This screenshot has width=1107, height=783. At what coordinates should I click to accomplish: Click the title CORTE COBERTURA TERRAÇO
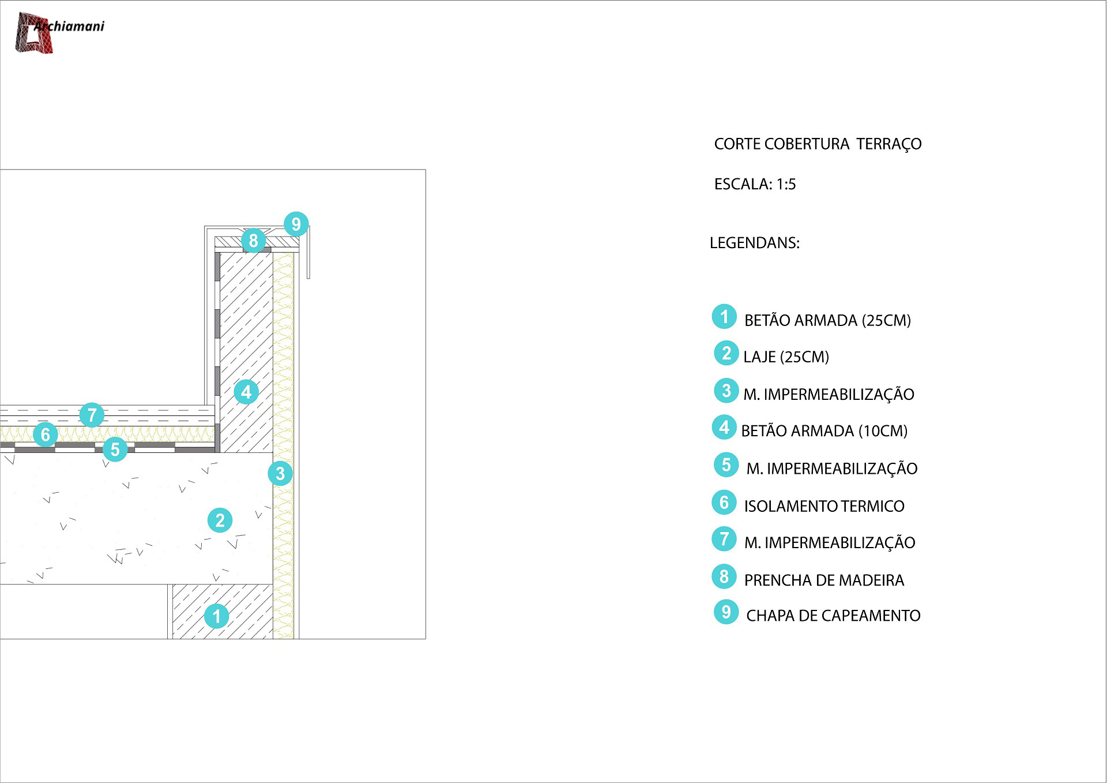click(818, 144)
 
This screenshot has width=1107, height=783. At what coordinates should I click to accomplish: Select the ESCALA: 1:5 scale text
click(755, 184)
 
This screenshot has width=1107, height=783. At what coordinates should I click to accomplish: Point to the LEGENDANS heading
click(754, 243)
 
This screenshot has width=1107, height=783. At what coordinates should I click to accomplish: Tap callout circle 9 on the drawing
click(296, 224)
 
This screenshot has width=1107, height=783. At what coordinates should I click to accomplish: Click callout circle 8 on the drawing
click(253, 240)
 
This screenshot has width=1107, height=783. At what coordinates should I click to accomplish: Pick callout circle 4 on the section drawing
click(246, 392)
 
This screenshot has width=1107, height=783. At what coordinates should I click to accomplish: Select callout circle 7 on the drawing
click(92, 415)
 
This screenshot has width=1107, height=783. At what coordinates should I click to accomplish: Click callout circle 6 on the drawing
click(46, 434)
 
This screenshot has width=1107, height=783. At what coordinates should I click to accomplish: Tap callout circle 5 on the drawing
click(115, 449)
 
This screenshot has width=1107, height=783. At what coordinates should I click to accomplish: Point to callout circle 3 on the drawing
click(280, 473)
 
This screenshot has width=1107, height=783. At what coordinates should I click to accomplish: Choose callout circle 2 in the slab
click(220, 520)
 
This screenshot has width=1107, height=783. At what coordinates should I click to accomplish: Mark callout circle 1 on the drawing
click(217, 616)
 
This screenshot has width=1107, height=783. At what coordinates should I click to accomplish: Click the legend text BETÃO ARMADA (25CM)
click(827, 321)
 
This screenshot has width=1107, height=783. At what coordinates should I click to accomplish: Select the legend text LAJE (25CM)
click(786, 357)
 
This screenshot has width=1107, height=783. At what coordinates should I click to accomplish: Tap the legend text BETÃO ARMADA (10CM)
click(824, 431)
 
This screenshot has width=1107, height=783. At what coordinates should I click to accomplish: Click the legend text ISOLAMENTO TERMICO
click(824, 506)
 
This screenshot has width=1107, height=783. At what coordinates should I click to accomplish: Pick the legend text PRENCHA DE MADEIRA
click(824, 580)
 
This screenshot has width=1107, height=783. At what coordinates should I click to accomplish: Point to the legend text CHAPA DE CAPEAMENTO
click(833, 616)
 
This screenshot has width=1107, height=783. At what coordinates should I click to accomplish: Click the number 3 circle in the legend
click(726, 391)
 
